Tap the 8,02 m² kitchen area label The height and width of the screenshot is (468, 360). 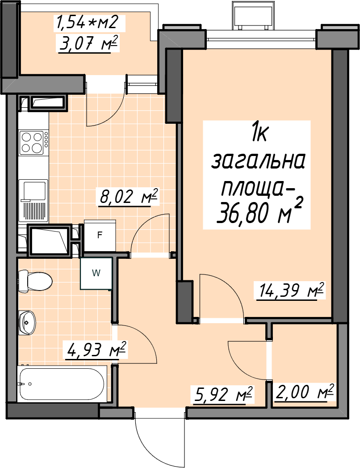[128, 197]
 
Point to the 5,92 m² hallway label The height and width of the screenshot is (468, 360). [223, 395]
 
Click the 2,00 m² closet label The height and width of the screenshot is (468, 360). [305, 392]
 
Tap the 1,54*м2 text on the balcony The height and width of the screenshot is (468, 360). [87, 23]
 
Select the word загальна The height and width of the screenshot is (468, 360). [258, 161]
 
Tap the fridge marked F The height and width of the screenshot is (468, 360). [100, 236]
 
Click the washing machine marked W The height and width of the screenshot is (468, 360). [96, 273]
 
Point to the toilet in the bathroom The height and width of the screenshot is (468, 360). [35, 281]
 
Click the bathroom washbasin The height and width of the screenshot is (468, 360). [27, 322]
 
